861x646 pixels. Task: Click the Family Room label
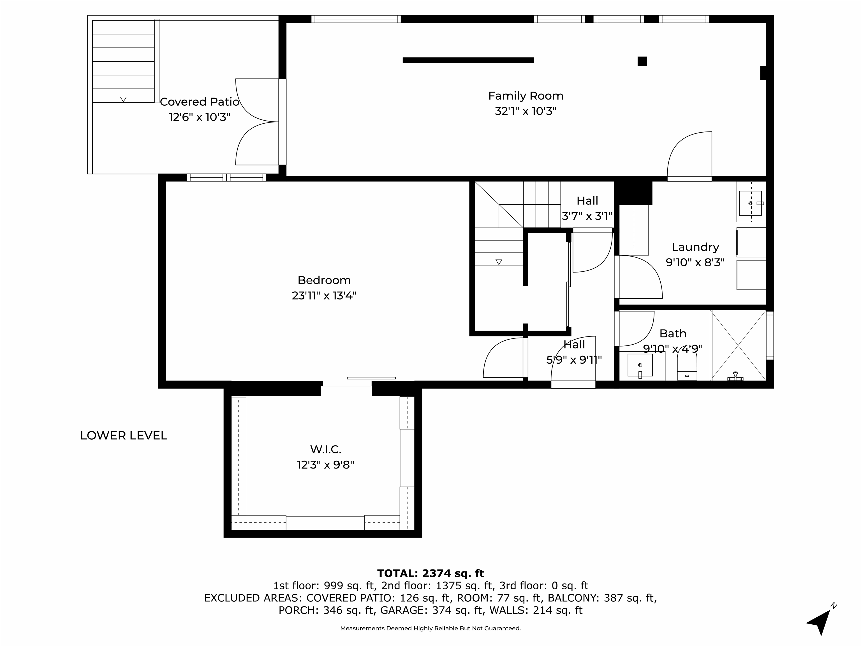526,96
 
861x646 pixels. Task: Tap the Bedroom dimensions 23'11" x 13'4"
324,296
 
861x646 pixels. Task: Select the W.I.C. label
326,449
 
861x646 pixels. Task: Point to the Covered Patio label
199,101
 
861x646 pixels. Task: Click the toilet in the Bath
687,368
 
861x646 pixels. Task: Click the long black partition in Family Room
468,60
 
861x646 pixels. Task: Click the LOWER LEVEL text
123,435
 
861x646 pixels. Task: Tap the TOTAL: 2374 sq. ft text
430,573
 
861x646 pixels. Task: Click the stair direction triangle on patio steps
123,99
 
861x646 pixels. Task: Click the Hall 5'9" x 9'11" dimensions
574,360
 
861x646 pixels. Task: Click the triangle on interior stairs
499,262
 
